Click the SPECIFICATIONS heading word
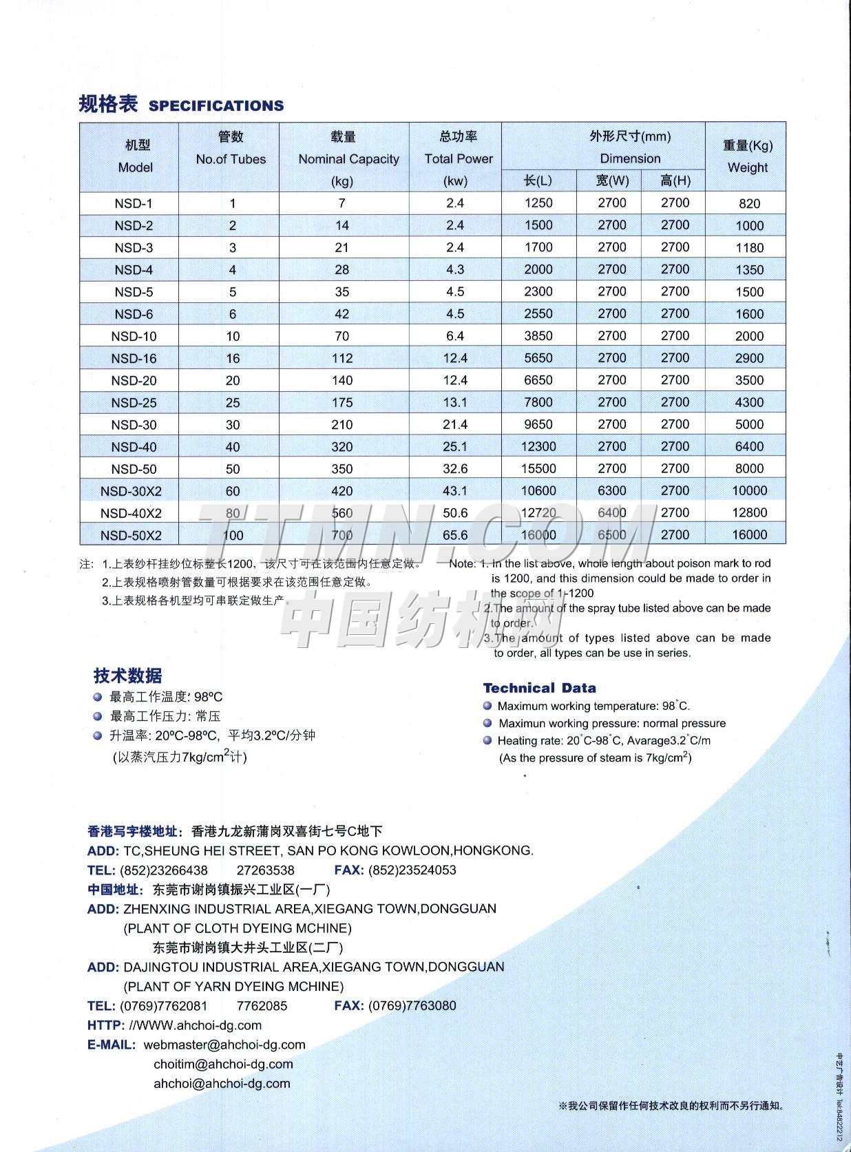pyautogui.click(x=216, y=106)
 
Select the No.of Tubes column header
pyautogui.click(x=231, y=159)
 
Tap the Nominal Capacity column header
pyautogui.click(x=348, y=159)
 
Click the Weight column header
pyautogui.click(x=747, y=167)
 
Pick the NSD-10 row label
pyautogui.click(x=134, y=337)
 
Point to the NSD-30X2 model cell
pyautogui.click(x=131, y=492)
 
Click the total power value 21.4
pyautogui.click(x=455, y=425)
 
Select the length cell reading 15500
pyautogui.click(x=538, y=469)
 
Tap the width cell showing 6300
pyautogui.click(x=612, y=491)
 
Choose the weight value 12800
pyautogui.click(x=749, y=513)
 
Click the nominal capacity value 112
pyautogui.click(x=342, y=359)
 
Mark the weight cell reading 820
pyautogui.click(x=749, y=204)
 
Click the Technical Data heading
pyautogui.click(x=539, y=688)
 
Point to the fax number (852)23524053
pyautogui.click(x=412, y=870)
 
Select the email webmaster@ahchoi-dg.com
pyautogui.click(x=224, y=1045)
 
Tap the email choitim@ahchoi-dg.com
pyautogui.click(x=223, y=1065)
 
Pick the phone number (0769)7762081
pyautogui.click(x=163, y=1006)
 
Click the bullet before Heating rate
pyautogui.click(x=487, y=741)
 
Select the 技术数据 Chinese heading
pyautogui.click(x=127, y=676)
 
